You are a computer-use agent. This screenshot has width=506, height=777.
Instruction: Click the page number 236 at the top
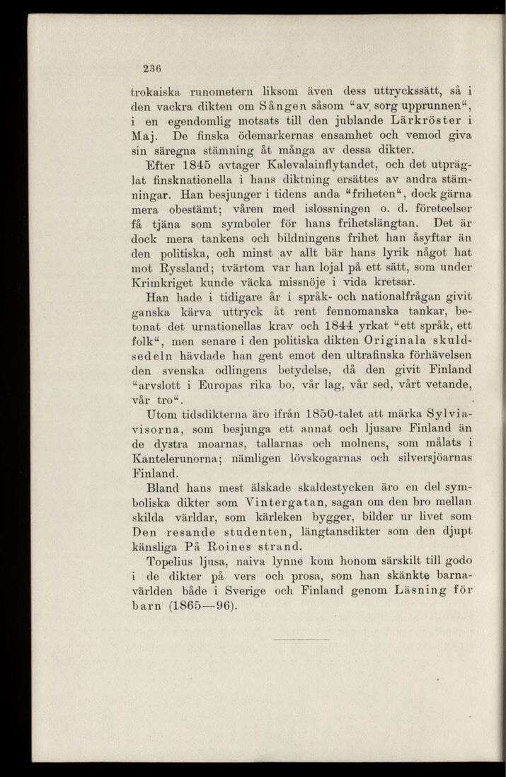pos(150,69)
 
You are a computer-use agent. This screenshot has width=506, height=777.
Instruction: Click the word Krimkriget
pos(165,284)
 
